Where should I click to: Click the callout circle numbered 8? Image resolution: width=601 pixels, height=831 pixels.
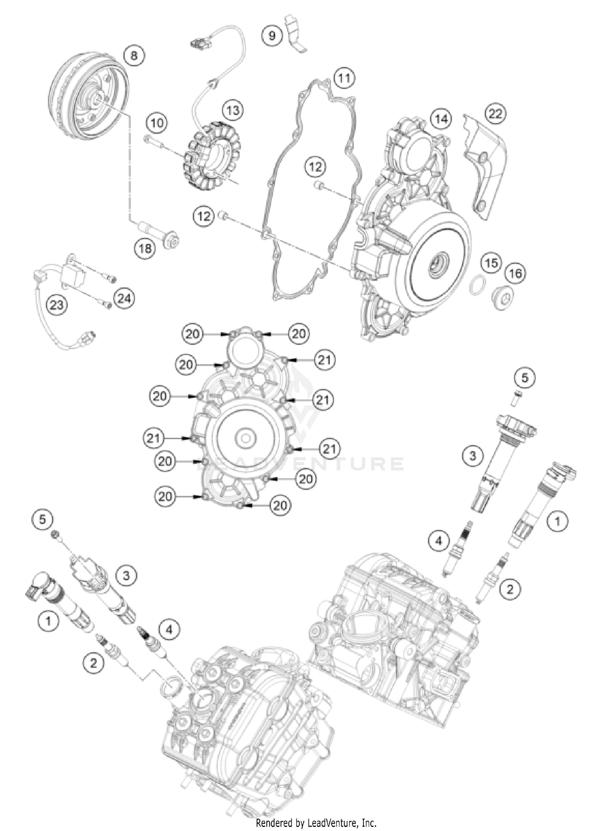(x=134, y=55)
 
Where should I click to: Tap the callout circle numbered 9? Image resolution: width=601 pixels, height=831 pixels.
(x=272, y=36)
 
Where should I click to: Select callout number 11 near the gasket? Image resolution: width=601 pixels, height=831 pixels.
(x=344, y=78)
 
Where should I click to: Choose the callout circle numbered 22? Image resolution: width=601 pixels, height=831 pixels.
(x=495, y=113)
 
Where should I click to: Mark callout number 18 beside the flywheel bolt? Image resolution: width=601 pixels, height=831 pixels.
(x=145, y=248)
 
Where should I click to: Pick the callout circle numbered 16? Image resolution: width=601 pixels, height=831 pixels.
(x=515, y=273)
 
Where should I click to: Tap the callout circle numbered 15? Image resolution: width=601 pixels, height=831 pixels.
(x=491, y=263)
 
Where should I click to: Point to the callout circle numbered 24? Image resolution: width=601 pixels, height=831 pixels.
(x=124, y=299)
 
